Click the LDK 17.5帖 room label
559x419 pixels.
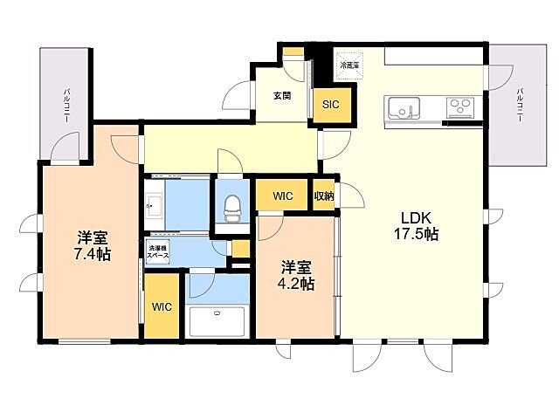tap(419, 226)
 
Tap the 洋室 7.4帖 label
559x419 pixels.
tap(92, 246)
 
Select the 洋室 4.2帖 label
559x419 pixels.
tap(297, 275)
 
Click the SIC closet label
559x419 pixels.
tap(330, 105)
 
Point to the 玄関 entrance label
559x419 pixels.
tap(281, 96)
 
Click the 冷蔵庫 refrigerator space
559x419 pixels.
tap(349, 65)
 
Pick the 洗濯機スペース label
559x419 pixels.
tap(159, 252)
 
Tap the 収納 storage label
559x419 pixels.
tap(324, 196)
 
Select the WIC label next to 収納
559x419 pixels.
tap(282, 196)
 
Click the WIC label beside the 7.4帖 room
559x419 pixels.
tap(161, 307)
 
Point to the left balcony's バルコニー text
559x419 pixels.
tap(66, 105)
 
